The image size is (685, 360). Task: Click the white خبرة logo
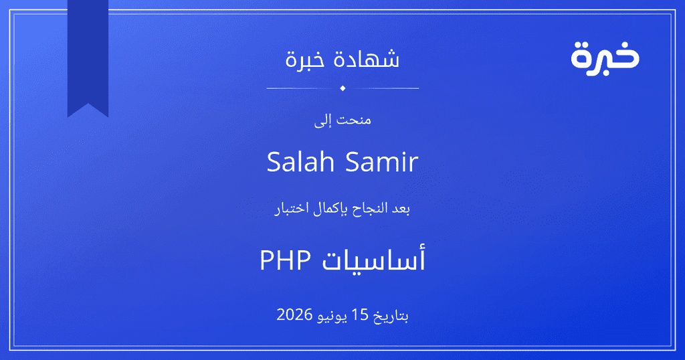pyautogui.click(x=605, y=58)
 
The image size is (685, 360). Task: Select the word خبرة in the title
pyautogui.click(x=305, y=60)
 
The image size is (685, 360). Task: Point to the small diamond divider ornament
pyautogui.click(x=342, y=88)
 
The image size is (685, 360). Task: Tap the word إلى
pyautogui.click(x=323, y=120)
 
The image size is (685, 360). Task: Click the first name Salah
pyautogui.click(x=300, y=162)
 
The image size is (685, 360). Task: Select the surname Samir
pyautogui.click(x=382, y=162)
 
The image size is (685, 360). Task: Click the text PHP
pyautogui.click(x=285, y=260)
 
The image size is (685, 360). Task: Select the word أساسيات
pyautogui.click(x=373, y=259)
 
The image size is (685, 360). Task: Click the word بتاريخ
pyautogui.click(x=391, y=316)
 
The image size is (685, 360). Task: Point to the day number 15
pyautogui.click(x=361, y=314)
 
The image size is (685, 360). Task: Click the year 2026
pyautogui.click(x=294, y=314)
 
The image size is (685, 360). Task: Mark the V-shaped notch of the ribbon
pyautogui.click(x=88, y=104)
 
